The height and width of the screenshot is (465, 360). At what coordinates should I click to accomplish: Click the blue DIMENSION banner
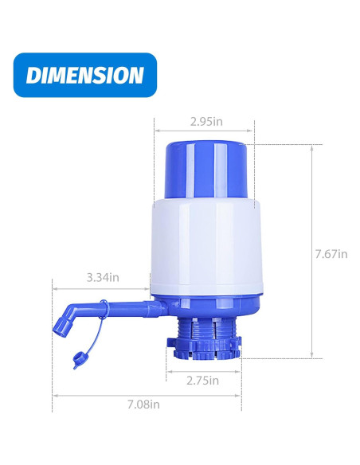coord(85,75)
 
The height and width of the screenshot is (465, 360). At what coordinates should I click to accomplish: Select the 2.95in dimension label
coord(206,123)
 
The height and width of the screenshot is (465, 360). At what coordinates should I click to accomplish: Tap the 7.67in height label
coord(332,254)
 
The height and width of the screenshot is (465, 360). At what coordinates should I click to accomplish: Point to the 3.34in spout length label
coord(104,278)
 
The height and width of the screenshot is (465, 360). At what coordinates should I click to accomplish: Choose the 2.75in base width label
coord(203,381)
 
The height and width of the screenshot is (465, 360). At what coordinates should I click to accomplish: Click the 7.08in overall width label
coord(144,404)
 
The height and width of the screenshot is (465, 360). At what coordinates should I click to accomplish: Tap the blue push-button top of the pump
coord(206,169)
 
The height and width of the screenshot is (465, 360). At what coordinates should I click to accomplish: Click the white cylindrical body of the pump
coord(206,247)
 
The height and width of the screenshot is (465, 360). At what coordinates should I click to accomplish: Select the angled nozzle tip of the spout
coord(63,323)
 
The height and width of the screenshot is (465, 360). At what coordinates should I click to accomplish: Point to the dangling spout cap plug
coord(79,359)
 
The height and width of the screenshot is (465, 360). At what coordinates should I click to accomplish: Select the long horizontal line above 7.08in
coord(147,395)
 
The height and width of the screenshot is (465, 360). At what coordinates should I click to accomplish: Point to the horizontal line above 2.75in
coord(203,370)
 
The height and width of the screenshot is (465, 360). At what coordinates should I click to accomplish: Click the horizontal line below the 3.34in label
coord(101,287)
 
